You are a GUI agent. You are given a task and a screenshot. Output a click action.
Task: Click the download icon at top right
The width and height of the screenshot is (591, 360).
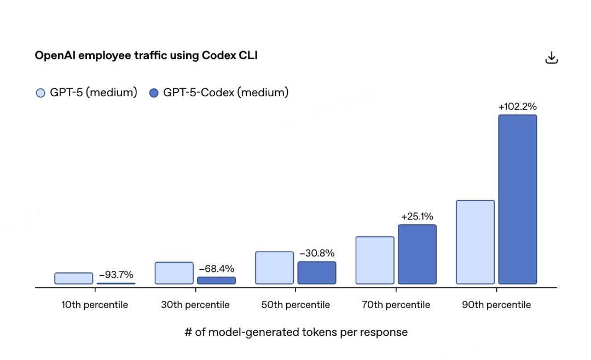(x=552, y=57)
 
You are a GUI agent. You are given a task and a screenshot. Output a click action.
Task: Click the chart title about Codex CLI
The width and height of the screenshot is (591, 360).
(x=146, y=55)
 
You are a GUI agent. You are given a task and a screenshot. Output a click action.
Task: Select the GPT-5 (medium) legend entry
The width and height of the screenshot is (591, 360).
(x=86, y=92)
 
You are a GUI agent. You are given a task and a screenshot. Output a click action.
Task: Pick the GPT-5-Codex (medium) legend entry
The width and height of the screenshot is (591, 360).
(x=219, y=92)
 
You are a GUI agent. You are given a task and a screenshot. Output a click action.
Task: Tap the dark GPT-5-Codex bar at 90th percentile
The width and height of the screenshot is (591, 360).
(x=517, y=199)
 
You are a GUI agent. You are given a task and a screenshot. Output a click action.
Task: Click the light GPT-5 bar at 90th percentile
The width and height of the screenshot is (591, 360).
(x=475, y=242)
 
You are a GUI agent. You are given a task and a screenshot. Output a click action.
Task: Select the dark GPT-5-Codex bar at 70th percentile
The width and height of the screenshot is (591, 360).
(x=417, y=254)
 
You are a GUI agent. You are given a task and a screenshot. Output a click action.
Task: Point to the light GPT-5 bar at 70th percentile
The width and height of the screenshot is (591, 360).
(x=375, y=260)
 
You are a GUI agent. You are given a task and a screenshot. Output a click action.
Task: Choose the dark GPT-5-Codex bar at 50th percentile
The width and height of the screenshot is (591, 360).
(x=317, y=272)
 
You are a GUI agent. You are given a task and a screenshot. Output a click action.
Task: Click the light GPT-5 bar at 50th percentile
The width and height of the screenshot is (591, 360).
(x=275, y=268)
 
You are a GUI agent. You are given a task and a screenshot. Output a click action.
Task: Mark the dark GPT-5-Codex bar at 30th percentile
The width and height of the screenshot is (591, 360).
(x=216, y=280)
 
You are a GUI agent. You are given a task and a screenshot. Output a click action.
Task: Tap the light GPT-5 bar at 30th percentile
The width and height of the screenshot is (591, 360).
(x=174, y=273)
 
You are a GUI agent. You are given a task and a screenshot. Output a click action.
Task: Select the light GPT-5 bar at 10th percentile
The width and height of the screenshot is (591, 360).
(x=74, y=278)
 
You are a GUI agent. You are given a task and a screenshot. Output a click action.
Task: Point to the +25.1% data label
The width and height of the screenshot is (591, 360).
(x=417, y=217)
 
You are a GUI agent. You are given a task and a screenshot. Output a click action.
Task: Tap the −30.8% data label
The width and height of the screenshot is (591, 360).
(x=316, y=253)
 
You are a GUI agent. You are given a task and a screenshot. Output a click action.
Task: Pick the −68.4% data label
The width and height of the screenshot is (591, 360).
(x=216, y=269)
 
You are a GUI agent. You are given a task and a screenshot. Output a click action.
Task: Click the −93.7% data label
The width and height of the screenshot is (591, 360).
(x=116, y=275)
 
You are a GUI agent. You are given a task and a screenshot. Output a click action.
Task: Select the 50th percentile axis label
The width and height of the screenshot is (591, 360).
(x=296, y=305)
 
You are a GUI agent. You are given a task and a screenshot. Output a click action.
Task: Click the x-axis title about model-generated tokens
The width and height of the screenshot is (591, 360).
(x=296, y=332)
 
